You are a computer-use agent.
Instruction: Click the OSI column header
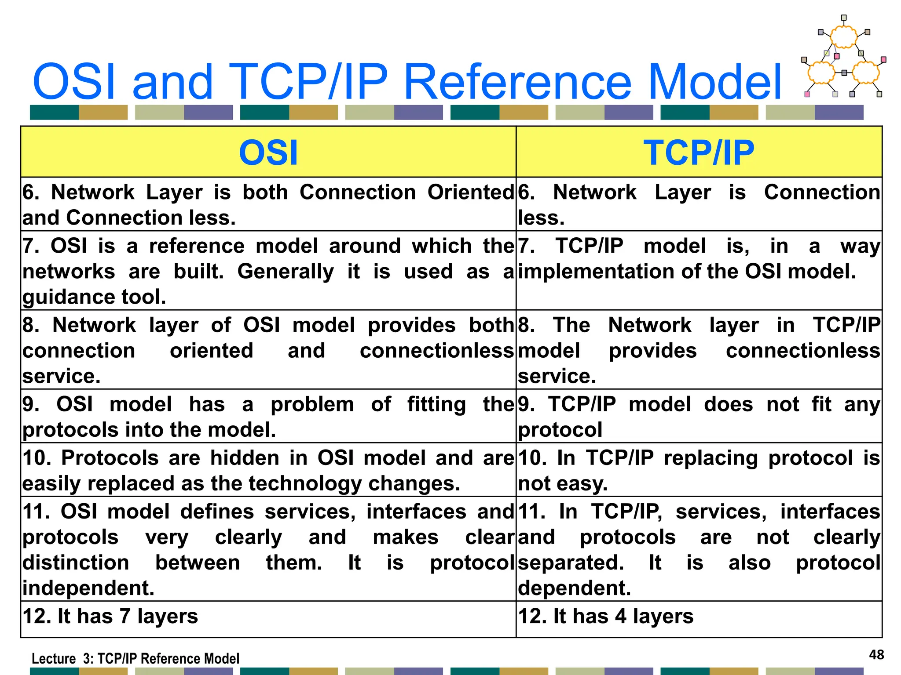[x=268, y=152]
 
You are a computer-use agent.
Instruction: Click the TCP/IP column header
[x=699, y=152]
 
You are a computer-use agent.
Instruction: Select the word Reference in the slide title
[x=517, y=82]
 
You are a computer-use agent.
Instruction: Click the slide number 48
[x=876, y=655]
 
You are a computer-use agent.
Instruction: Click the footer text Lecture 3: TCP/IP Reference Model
[x=136, y=659]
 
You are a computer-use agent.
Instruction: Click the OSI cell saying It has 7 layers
[x=110, y=616]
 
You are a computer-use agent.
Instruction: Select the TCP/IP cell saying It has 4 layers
[x=605, y=616]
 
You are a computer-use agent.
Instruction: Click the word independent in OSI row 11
[x=88, y=588]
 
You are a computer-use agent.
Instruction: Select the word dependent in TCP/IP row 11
[x=574, y=588]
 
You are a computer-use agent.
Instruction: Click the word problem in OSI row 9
[x=312, y=405]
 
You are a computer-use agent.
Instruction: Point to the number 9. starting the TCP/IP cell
[x=526, y=404]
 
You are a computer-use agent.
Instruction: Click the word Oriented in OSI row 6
[x=470, y=192]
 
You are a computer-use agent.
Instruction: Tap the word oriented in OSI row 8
[x=211, y=351]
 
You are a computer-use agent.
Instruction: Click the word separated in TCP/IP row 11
[x=571, y=563]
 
